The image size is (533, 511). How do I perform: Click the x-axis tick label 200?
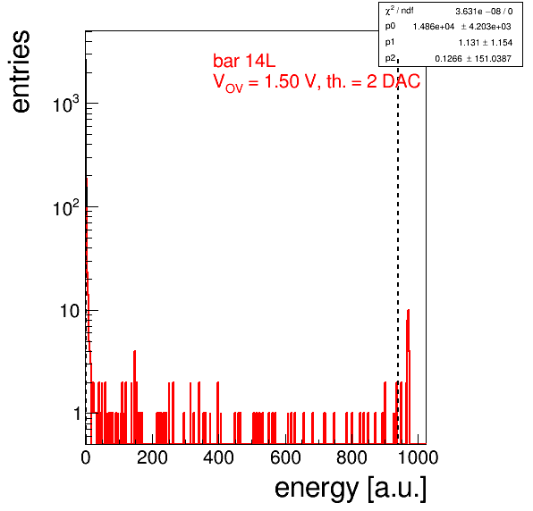pyautogui.click(x=152, y=457)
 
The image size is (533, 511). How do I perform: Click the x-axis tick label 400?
pyautogui.click(x=218, y=457)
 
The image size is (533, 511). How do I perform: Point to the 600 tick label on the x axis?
pyautogui.click(x=285, y=457)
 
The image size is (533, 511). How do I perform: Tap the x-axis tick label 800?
pyautogui.click(x=351, y=457)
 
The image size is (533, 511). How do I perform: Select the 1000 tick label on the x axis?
pyautogui.click(x=418, y=457)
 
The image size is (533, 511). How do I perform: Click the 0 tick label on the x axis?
pyautogui.click(x=86, y=457)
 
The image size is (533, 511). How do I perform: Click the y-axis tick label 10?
pyautogui.click(x=70, y=311)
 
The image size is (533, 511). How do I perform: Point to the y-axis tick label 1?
pyautogui.click(x=77, y=414)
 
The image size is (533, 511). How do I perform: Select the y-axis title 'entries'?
pyautogui.click(x=21, y=71)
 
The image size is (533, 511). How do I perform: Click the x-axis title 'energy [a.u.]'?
pyautogui.click(x=351, y=489)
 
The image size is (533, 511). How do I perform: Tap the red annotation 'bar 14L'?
pyautogui.click(x=244, y=61)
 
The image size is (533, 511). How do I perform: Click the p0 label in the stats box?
pyautogui.click(x=390, y=27)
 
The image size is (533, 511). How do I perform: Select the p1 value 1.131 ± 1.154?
pyautogui.click(x=486, y=43)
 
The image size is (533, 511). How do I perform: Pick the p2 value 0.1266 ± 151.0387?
pyautogui.click(x=473, y=59)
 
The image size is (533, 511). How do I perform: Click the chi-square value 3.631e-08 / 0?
pyautogui.click(x=484, y=12)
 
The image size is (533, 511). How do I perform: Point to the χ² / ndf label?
pyautogui.click(x=399, y=11)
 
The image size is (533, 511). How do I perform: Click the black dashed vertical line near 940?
pyautogui.click(x=398, y=251)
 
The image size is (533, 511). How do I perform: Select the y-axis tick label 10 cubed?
pyautogui.click(x=66, y=104)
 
